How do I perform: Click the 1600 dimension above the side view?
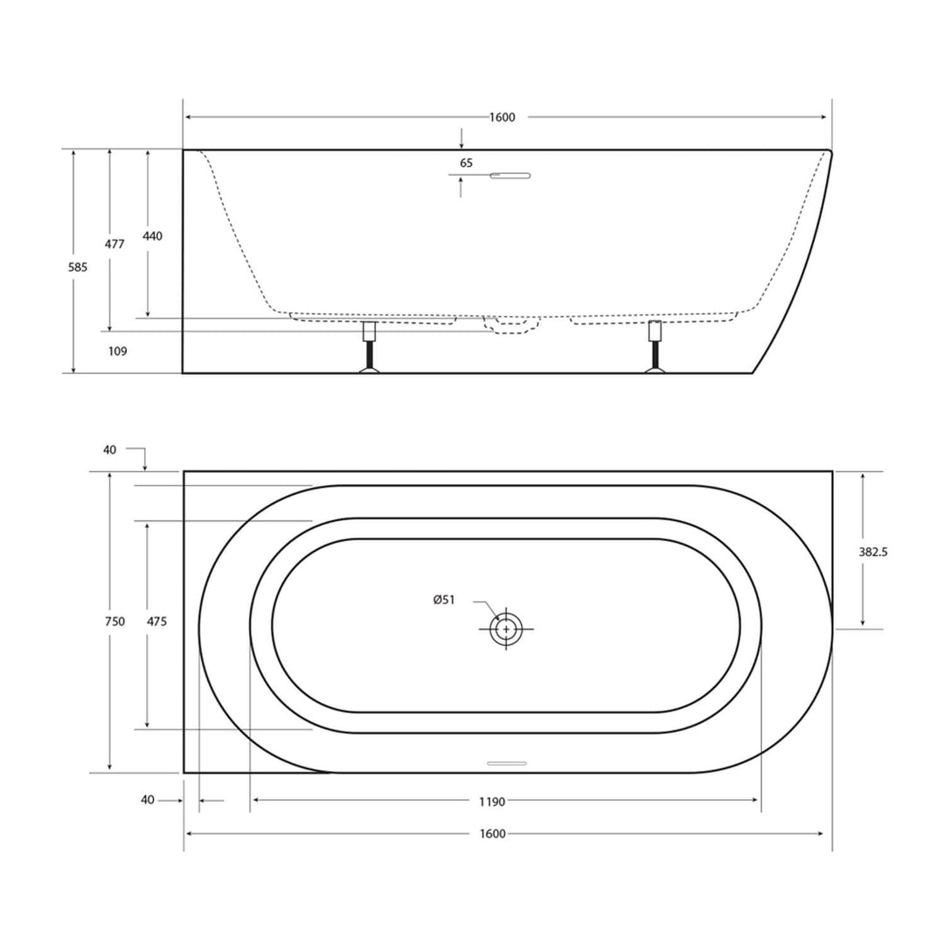click(x=503, y=118)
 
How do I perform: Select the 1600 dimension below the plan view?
click(x=493, y=834)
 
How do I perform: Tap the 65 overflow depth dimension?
click(x=466, y=163)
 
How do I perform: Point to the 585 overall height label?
click(x=78, y=268)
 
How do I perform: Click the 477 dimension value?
click(x=115, y=245)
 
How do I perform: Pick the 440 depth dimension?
click(x=153, y=236)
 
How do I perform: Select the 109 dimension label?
click(x=118, y=351)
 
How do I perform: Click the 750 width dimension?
click(x=115, y=621)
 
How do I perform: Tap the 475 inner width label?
click(x=156, y=621)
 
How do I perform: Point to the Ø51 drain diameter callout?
click(x=444, y=600)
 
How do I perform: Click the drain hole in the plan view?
click(x=506, y=628)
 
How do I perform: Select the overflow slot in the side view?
click(x=510, y=176)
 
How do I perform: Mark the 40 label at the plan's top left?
click(x=109, y=450)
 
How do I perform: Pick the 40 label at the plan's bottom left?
click(x=147, y=800)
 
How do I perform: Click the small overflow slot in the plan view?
click(x=506, y=763)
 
